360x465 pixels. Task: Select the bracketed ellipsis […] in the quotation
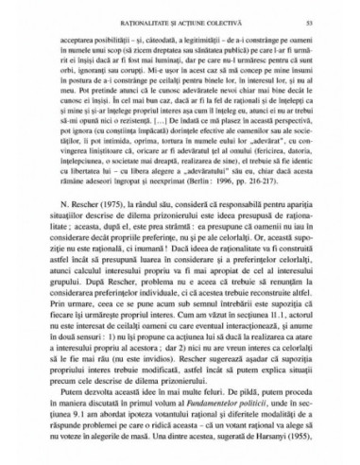(x=201, y=149)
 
